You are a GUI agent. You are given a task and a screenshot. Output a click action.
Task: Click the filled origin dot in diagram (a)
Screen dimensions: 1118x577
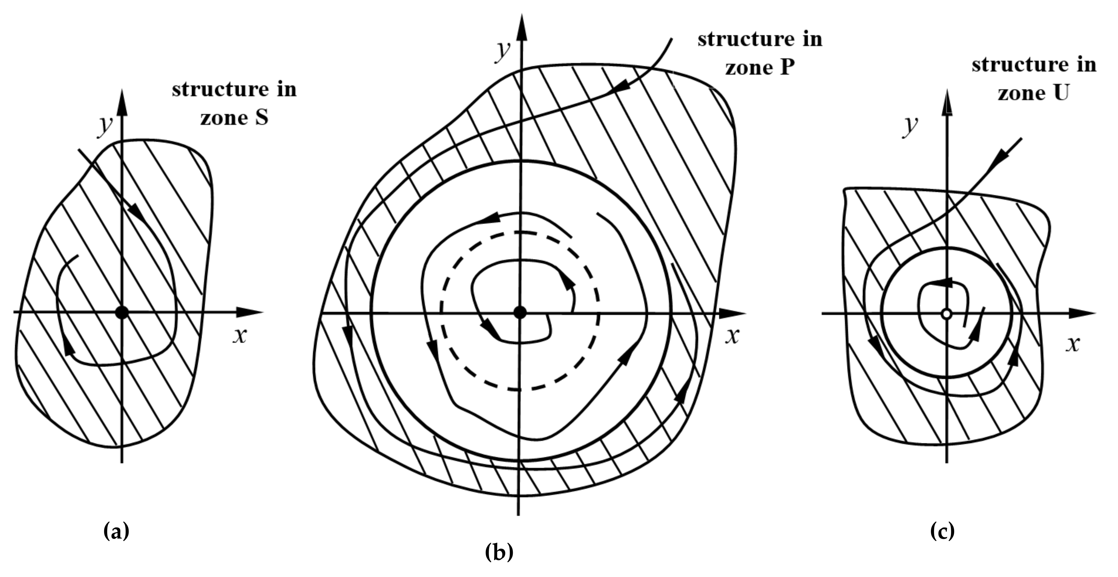pos(122,312)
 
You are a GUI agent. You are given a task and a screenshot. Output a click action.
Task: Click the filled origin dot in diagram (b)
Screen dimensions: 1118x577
pos(520,312)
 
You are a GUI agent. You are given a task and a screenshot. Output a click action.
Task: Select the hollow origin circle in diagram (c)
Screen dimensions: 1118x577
pos(947,313)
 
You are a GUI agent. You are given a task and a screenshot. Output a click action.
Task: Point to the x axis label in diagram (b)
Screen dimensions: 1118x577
pos(732,336)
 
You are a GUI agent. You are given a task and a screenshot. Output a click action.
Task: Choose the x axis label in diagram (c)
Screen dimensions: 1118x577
pos(1072,344)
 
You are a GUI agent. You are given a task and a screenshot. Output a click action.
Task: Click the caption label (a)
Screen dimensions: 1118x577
pos(116,531)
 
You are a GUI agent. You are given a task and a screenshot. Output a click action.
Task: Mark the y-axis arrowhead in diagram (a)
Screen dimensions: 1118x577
pos(122,102)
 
